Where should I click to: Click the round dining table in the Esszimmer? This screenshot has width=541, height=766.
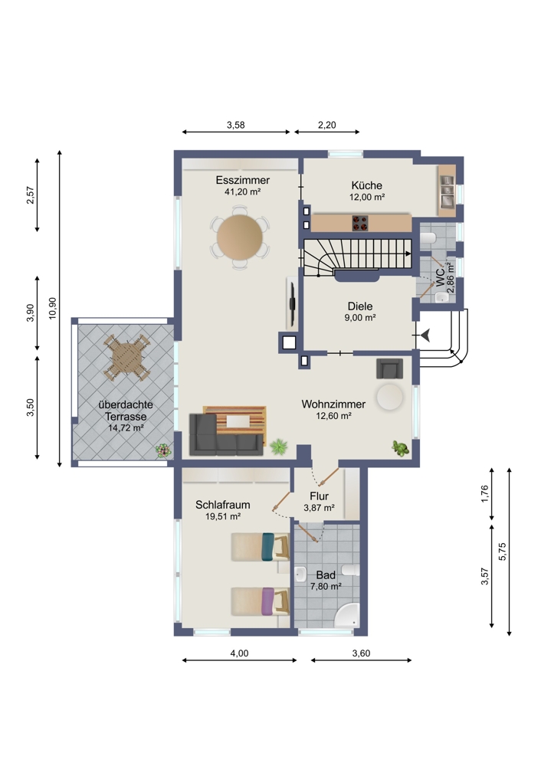point(240,238)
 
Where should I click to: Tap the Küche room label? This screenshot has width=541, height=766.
point(366,185)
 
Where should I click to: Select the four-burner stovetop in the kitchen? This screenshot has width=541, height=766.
point(360,223)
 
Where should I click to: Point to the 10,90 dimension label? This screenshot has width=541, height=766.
point(53,308)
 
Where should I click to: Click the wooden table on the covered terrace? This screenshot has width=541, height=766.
point(126,358)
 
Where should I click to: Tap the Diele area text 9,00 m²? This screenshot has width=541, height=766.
point(359,318)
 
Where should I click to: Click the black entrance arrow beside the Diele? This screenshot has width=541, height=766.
point(425,336)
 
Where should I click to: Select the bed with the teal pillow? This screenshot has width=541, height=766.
point(260,547)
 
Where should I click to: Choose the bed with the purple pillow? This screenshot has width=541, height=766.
point(260,601)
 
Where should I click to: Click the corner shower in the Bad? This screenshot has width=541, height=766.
point(347,616)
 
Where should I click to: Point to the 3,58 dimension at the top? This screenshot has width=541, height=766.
point(235,125)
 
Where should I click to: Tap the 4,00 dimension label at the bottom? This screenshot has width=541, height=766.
point(239,653)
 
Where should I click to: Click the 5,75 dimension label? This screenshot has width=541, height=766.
point(503,552)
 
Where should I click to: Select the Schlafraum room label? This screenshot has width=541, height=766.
point(223,505)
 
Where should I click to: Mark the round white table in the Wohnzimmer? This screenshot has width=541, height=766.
point(389,397)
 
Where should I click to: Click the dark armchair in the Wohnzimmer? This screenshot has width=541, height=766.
point(389,368)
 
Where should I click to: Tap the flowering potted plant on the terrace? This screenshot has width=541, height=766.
point(163,450)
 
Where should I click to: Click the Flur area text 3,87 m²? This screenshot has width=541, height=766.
point(319,508)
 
